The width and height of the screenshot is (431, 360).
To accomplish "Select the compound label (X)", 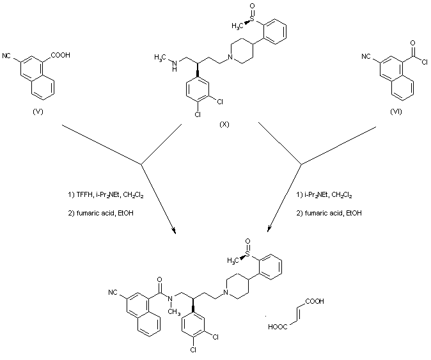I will (224, 125).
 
